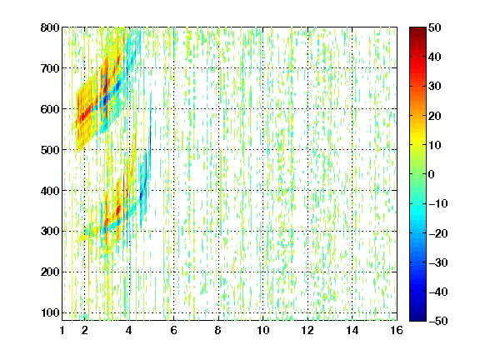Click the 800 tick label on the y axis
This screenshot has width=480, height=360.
50,27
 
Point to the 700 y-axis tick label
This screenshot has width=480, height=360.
50,68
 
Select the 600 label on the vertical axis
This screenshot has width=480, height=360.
50,109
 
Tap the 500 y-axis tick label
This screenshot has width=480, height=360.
50,150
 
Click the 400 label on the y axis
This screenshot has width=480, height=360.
50,191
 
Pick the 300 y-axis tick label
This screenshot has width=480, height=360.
50,232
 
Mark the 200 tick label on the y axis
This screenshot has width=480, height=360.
50,272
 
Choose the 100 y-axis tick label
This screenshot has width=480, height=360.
50,312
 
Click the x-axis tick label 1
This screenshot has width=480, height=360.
62,330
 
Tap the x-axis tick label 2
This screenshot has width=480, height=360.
85,330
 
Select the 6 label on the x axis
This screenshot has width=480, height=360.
174,330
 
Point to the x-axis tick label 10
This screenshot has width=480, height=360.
263,330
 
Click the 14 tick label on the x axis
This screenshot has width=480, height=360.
352,330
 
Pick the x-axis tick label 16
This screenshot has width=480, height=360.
397,330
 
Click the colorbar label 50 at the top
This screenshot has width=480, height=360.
435,27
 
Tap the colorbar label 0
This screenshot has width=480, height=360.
432,174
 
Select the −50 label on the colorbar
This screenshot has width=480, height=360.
438,321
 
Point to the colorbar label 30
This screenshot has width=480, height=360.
435,86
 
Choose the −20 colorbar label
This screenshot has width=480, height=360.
438,233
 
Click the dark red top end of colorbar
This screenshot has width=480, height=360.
417,28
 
